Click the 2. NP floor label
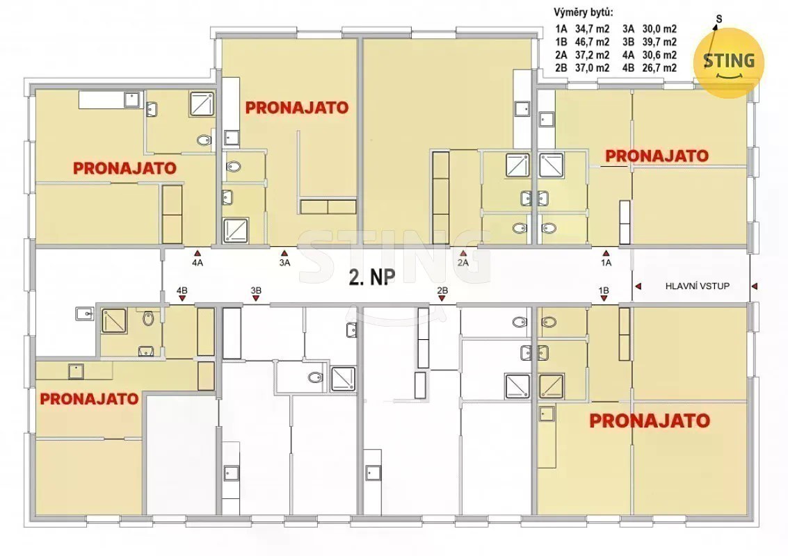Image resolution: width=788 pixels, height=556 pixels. pos(372,277)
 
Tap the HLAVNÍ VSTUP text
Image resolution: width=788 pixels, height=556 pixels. pos(697,286)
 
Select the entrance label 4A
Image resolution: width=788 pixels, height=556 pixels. pos(198,263)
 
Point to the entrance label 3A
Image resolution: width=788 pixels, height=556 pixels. pos(285,263)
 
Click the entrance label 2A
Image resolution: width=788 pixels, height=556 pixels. pos(463,263)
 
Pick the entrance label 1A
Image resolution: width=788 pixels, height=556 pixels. pos(606,263)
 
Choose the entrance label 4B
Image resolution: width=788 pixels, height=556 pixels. pos(182,291)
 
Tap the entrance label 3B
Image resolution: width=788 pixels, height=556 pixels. pos(256,291)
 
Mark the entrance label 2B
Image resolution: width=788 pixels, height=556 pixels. pos(442,291)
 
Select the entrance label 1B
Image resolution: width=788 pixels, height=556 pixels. pos(604,291)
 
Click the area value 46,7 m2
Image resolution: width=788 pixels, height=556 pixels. pos(592,42)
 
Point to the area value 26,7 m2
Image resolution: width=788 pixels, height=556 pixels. pos(659,68)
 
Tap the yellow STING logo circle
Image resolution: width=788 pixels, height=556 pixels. pos(729,63)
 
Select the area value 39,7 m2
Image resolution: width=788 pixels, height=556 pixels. pos(659,42)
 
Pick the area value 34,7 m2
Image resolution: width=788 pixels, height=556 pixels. pos(592,29)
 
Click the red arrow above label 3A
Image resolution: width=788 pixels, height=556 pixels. pos(285,254)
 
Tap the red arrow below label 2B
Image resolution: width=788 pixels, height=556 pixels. pos(442,299)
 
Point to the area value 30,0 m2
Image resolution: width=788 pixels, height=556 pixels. pos(659,29)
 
